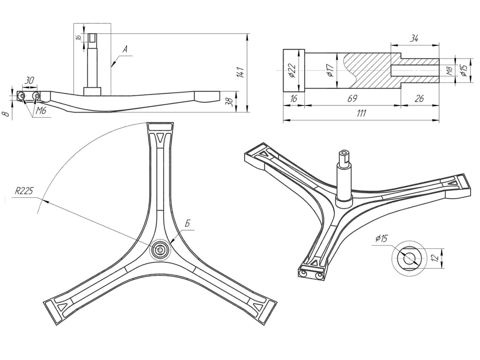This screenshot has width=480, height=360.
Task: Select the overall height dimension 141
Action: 241,72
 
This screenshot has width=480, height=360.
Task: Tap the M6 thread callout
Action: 40,111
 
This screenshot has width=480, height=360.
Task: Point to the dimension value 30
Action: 30,81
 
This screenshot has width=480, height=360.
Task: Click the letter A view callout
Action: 125,49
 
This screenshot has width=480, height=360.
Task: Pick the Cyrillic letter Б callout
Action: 187,224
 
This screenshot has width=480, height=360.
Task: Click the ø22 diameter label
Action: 292,71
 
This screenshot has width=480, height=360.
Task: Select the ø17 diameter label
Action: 330,71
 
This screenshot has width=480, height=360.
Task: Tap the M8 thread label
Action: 450,71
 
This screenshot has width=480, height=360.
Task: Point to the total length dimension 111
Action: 361,113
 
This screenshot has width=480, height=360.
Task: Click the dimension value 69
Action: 352,98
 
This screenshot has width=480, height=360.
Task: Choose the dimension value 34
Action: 414,38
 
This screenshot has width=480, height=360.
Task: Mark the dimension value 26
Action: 420,98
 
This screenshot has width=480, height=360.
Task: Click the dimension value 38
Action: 229,102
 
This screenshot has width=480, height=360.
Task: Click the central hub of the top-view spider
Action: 159,249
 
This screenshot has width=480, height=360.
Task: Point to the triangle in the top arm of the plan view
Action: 161,137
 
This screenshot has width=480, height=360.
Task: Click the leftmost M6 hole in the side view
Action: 22,96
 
